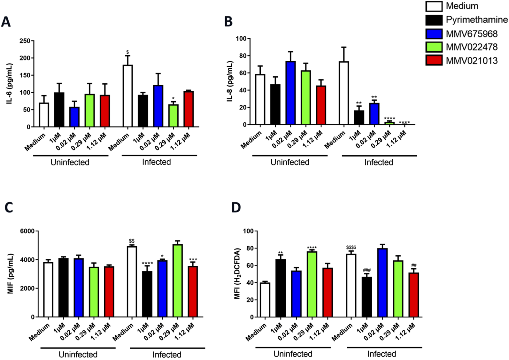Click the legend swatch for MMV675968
click(x=434, y=34)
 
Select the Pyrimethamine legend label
click(x=476, y=20)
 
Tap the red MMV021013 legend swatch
click(x=434, y=60)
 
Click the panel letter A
click(x=6, y=22)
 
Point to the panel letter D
click(x=236, y=208)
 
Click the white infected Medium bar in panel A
click(x=127, y=96)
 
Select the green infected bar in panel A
click(x=173, y=116)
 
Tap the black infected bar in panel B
click(x=359, y=118)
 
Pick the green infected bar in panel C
click(x=177, y=281)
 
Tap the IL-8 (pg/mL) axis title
click(x=230, y=81)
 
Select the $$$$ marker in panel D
click(x=351, y=248)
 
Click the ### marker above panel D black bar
click(x=366, y=270)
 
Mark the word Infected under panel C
click(x=167, y=355)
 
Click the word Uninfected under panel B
click(x=290, y=162)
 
